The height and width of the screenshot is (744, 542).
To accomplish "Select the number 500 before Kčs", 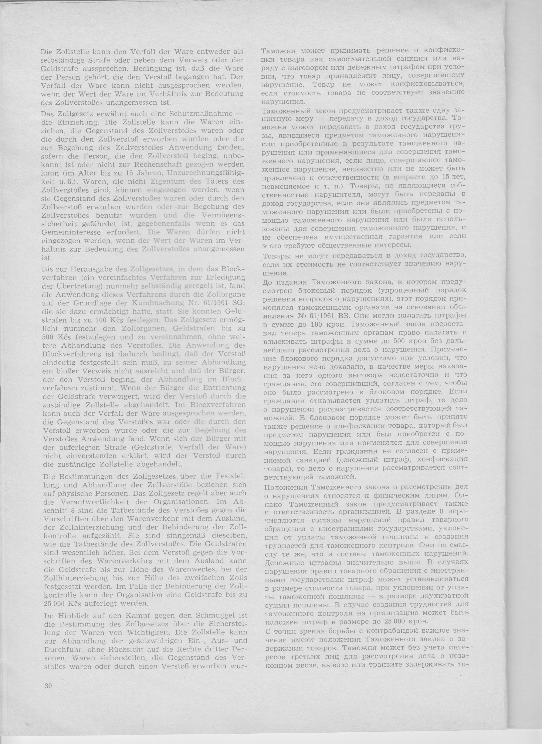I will coord(48,337).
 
